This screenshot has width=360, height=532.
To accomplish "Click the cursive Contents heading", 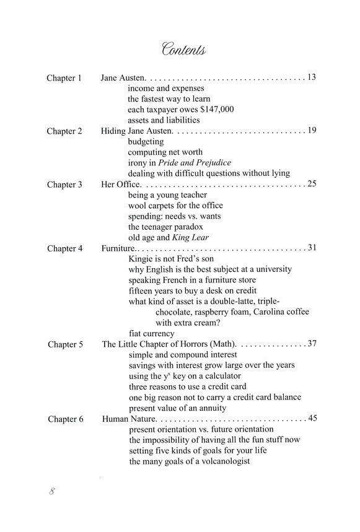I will [184, 48].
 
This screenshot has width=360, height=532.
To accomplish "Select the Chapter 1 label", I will [64, 78].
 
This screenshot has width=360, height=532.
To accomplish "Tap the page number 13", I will [312, 78].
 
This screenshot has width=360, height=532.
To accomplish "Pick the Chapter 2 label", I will [64, 131].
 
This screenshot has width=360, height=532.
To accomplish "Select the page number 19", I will [312, 131].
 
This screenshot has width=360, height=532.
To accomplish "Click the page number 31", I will [312, 248].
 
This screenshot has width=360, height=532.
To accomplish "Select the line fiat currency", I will [152, 333].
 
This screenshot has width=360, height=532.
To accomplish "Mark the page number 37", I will [312, 344].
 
